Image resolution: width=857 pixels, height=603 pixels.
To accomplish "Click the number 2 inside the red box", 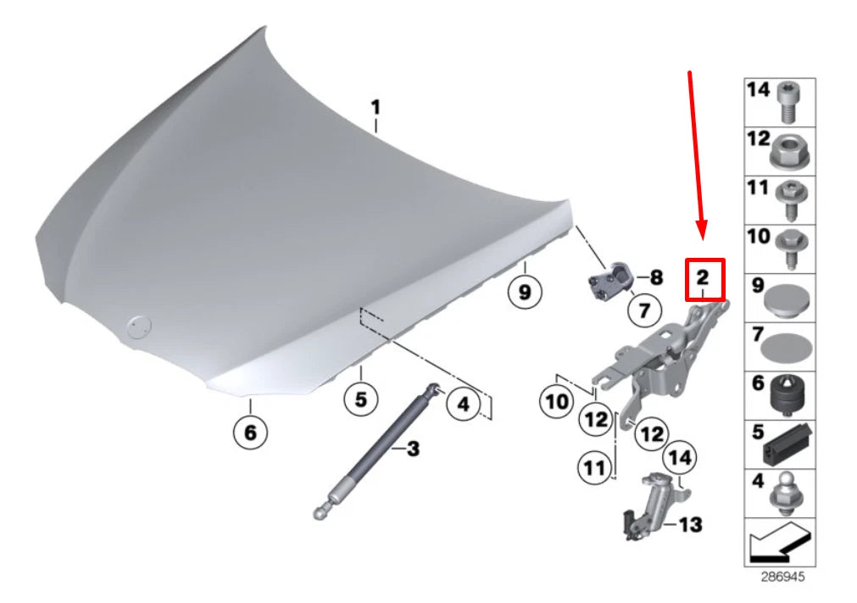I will pyautogui.click(x=703, y=276).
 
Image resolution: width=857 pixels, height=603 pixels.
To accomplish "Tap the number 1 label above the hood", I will pyautogui.click(x=375, y=109).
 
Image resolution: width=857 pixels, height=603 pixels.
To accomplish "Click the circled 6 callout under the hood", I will pyautogui.click(x=250, y=433).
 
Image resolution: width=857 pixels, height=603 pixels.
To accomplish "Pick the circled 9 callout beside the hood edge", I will pyautogui.click(x=525, y=293).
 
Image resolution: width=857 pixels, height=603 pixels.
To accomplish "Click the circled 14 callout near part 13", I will pyautogui.click(x=679, y=459).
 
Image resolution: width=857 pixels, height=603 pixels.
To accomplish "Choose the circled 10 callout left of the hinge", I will pyautogui.click(x=558, y=401).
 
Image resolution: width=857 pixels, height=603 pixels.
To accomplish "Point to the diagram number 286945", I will pyautogui.click(x=780, y=577).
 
